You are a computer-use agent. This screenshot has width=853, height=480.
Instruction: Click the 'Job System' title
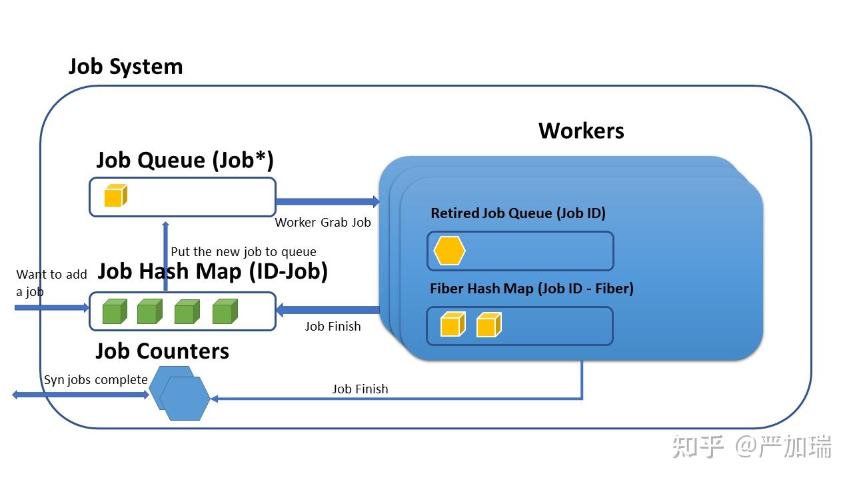125,67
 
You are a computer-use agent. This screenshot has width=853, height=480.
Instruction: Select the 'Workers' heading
581,130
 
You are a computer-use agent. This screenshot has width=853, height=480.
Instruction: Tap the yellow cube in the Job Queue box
115,196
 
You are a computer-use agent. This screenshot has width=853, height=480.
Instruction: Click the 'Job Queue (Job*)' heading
185,160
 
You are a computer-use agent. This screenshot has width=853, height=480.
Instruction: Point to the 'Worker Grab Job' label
323,223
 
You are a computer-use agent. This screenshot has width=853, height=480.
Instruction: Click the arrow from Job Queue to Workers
327,201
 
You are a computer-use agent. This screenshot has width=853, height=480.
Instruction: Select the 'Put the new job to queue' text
243,251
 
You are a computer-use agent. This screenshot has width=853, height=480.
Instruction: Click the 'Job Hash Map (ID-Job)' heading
213,271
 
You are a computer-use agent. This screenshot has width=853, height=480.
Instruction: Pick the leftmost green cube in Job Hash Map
114,311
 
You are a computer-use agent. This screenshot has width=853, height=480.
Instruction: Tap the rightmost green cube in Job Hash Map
225,311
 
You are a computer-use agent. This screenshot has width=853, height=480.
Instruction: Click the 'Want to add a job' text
51,283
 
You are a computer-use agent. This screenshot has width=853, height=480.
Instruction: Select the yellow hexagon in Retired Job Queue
449,251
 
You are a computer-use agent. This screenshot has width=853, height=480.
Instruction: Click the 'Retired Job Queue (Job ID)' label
518,213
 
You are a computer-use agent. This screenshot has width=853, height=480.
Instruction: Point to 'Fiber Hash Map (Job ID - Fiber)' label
531,289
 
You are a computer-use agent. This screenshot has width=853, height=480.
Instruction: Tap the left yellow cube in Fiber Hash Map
452,325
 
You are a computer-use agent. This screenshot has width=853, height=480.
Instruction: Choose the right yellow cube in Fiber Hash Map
488,325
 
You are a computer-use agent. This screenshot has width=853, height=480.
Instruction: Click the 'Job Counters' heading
162,351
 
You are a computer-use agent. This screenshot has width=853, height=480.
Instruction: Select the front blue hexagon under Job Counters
185,399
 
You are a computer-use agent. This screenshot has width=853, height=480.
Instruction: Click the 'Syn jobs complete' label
95,380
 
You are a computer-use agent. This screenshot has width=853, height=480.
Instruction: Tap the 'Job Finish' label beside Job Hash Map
333,326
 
